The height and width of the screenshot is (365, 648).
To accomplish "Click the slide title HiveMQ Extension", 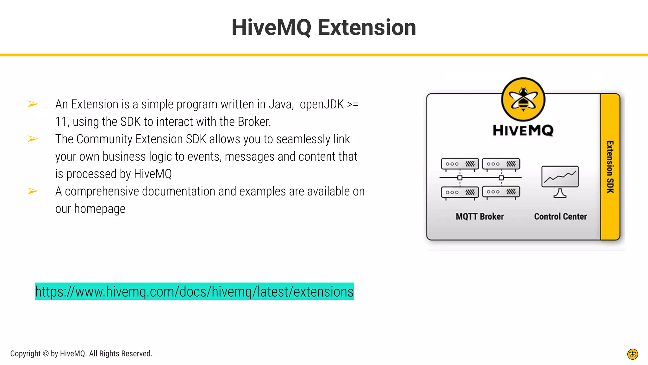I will [x=324, y=28].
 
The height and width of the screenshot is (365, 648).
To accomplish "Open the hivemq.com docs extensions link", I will [x=194, y=291].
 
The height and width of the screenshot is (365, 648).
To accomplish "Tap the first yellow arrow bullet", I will [x=33, y=104].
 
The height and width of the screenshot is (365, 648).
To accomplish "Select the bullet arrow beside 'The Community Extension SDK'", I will [x=33, y=139].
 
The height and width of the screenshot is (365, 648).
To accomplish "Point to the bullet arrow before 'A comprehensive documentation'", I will [x=33, y=191].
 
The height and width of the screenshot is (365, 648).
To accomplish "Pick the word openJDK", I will [x=321, y=104].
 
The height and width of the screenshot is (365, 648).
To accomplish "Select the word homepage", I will [x=100, y=209].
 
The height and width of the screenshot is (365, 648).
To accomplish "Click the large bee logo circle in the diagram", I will [x=523, y=99].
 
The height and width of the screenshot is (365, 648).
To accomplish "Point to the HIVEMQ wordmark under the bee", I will [x=523, y=130].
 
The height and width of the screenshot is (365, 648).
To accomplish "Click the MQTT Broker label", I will [x=480, y=216].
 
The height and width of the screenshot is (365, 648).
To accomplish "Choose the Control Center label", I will [x=560, y=216].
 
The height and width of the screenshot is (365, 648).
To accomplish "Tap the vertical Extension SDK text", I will [x=610, y=167].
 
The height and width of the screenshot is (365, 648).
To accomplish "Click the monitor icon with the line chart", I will [x=560, y=181].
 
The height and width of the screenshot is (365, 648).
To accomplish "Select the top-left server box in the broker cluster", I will [x=460, y=164].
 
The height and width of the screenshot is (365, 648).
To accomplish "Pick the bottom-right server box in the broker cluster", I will [x=501, y=192].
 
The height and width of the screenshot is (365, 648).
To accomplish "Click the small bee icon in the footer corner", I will [x=632, y=354].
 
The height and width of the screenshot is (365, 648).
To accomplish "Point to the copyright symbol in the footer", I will [x=46, y=354].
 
